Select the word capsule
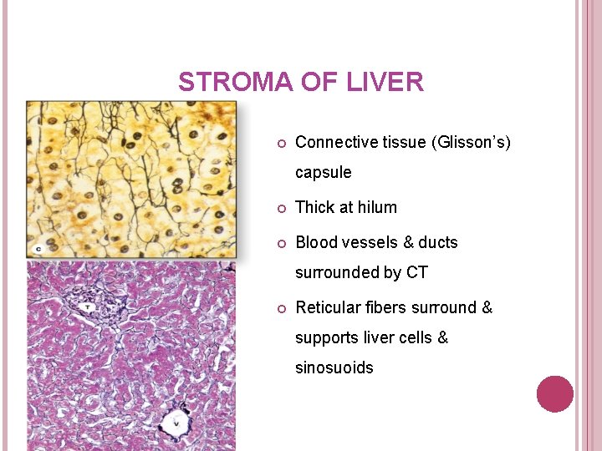(x=323, y=173)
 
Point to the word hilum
(x=377, y=207)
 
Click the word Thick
(x=316, y=207)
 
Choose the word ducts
(x=438, y=242)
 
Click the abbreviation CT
(x=417, y=272)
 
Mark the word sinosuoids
(x=334, y=367)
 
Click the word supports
(x=327, y=338)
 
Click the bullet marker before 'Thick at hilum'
(x=281, y=208)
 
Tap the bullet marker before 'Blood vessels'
(x=281, y=243)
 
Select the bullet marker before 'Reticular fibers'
(x=281, y=308)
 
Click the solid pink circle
(x=554, y=393)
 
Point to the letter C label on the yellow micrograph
(x=38, y=248)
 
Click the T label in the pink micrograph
(x=86, y=307)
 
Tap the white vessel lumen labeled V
(x=176, y=420)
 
